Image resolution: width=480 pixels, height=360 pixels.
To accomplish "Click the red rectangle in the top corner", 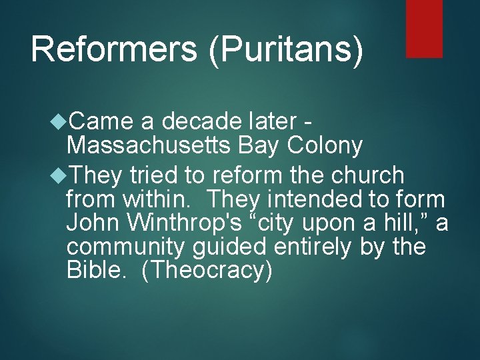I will tap(424, 28).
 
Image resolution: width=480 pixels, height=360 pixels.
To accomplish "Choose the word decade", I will tap(201, 122).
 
